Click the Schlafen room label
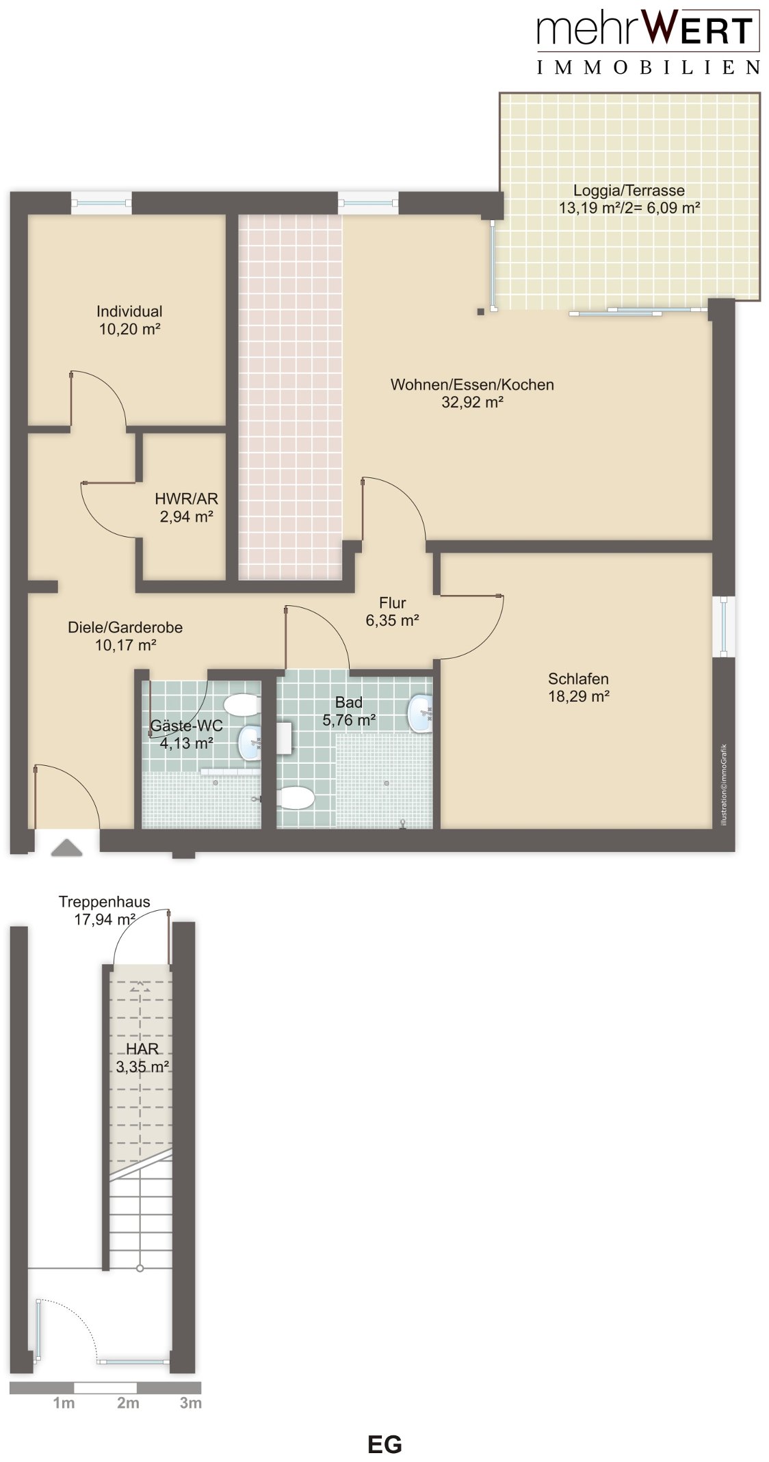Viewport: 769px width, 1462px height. [578, 679]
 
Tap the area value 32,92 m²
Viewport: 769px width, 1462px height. [472, 402]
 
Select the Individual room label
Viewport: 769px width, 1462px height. [129, 312]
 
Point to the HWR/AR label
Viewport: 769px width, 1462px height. [186, 499]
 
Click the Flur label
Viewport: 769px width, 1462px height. [393, 603]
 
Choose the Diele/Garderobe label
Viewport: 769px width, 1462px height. [125, 628]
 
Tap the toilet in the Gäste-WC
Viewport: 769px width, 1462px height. [242, 704]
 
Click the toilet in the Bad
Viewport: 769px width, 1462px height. [296, 797]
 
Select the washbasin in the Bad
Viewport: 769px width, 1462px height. [420, 713]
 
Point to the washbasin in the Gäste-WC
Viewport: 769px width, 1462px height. [250, 743]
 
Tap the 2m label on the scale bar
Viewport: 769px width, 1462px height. [128, 1403]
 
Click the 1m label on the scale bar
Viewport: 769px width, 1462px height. [64, 1403]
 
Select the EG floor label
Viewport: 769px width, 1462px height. [384, 1444]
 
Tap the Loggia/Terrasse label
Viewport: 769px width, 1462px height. [629, 191]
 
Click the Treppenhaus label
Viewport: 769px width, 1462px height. [104, 902]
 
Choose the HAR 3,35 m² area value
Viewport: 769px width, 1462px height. [142, 1067]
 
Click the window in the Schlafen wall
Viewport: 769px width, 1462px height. [724, 626]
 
